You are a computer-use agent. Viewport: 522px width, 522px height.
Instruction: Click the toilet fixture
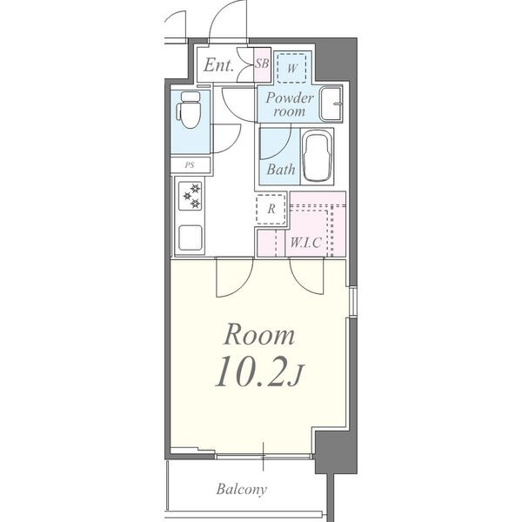tap(188, 110)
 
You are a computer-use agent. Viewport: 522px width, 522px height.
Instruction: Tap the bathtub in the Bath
tap(318, 157)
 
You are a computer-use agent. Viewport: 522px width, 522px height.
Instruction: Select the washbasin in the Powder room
tap(331, 104)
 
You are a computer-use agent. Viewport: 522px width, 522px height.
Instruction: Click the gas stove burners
tap(190, 196)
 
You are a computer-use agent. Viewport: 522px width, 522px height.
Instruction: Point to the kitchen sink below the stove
tap(190, 238)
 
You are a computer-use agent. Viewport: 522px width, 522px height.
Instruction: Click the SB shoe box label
tap(262, 64)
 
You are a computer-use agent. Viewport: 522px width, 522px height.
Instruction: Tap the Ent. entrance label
tap(218, 65)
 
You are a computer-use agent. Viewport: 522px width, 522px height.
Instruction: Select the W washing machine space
tap(292, 68)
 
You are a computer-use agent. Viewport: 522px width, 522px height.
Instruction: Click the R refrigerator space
tap(271, 209)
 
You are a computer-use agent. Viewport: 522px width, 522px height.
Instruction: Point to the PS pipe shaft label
tap(190, 164)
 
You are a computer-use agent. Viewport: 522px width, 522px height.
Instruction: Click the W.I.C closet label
tap(305, 243)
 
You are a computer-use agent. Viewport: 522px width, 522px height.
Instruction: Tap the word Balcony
tap(241, 489)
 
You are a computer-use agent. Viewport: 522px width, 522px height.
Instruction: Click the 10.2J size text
tap(259, 371)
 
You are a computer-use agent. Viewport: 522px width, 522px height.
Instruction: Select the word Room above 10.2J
tap(259, 335)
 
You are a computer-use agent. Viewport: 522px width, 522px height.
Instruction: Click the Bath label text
tap(281, 170)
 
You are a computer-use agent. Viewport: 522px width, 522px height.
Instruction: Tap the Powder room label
tap(289, 104)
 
